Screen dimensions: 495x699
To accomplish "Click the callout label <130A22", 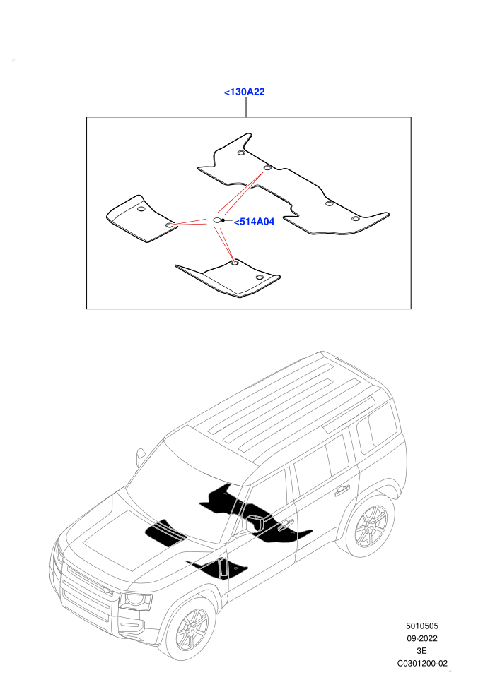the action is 244,92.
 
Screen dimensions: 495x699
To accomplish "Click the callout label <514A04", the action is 254,222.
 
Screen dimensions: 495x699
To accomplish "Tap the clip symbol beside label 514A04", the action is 216,220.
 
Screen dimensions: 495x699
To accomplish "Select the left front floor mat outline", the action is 142,219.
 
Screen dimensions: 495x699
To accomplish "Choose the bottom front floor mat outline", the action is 228,279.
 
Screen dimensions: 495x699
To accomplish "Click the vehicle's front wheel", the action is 192,630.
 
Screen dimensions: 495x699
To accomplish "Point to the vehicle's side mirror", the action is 141,457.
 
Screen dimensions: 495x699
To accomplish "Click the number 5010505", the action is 421,626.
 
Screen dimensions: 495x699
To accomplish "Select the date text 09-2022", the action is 421,638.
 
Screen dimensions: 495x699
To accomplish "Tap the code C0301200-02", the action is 422,663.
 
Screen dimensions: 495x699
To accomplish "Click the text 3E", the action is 421,651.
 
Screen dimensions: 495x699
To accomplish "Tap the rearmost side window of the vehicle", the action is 376,427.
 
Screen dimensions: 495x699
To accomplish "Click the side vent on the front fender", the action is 223,568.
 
